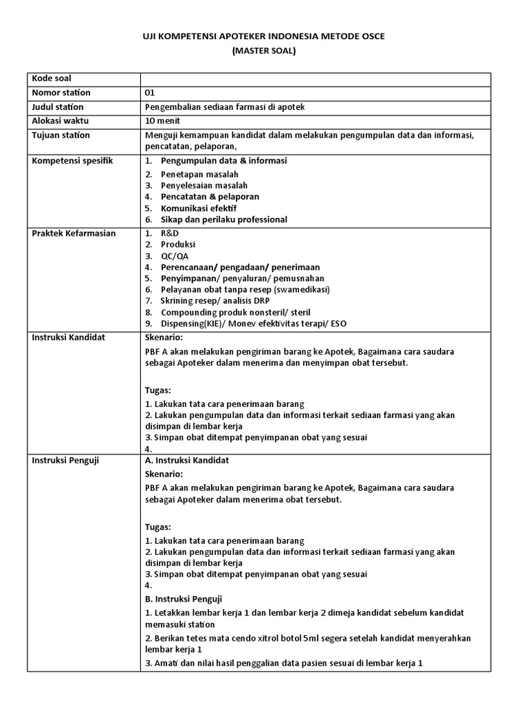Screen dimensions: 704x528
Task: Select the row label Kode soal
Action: [52, 79]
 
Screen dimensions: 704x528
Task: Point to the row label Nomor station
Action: [61, 93]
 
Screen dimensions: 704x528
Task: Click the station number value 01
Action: [151, 93]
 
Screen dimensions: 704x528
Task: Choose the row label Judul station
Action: [58, 107]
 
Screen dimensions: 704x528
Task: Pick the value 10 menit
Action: [162, 120]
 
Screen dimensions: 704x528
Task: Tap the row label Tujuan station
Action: [61, 135]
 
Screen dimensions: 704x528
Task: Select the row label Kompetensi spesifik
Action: [73, 160]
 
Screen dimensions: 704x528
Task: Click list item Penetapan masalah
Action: [199, 175]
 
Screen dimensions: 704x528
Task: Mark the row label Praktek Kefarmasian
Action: [74, 233]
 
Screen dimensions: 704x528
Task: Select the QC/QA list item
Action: [175, 256]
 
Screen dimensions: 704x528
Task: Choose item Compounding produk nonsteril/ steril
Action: [235, 311]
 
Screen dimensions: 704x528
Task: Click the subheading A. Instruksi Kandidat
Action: [187, 460]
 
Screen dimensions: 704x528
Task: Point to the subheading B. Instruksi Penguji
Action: [184, 598]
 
